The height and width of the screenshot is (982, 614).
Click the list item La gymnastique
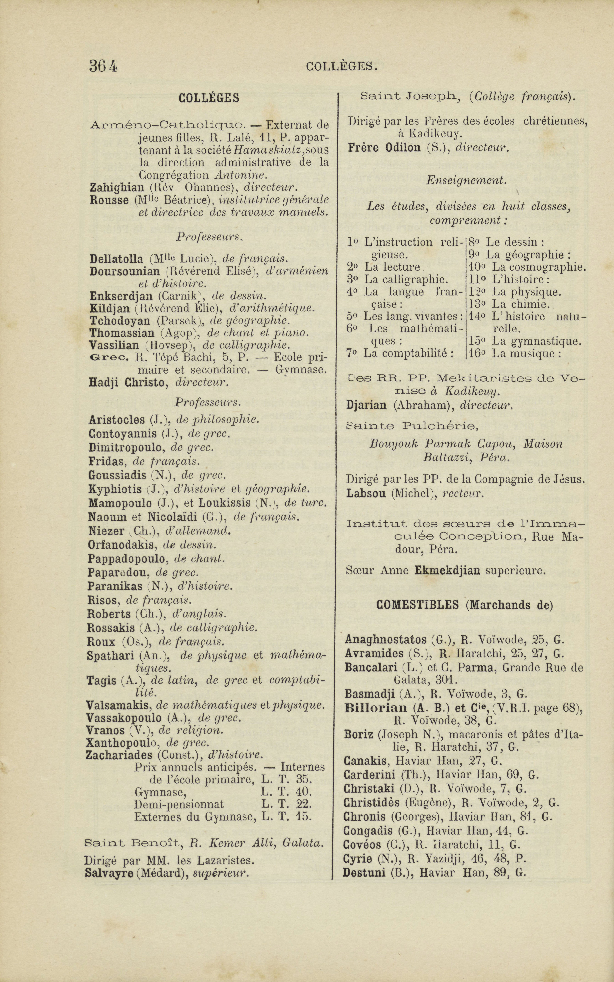536,341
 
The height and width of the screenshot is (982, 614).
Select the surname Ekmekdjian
447,570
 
